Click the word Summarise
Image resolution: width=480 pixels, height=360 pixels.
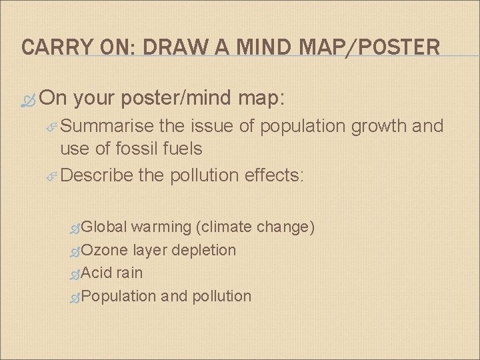[107, 127]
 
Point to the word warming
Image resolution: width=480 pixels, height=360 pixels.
[161, 227]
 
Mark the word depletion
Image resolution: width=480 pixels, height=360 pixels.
[203, 251]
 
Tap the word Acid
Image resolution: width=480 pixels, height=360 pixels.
[99, 273]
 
